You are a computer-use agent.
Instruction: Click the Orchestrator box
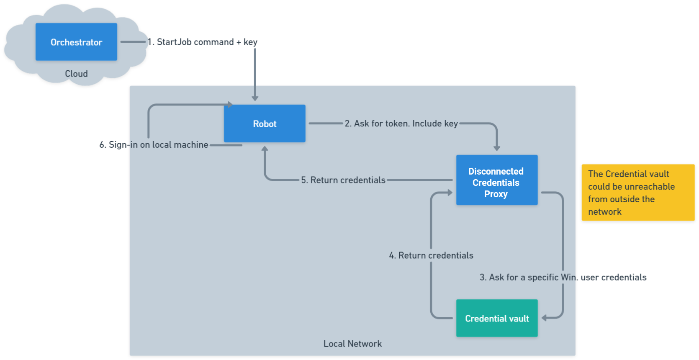coord(76,42)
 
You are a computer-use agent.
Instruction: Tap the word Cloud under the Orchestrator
coord(76,74)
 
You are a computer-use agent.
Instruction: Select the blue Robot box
coord(265,123)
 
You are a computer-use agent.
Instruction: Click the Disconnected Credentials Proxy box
coord(496,180)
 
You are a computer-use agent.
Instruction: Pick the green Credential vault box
coord(496,318)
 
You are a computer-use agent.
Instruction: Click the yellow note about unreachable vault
coord(637,193)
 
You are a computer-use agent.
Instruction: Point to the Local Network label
coord(352,344)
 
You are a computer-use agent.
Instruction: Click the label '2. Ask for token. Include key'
coord(401,123)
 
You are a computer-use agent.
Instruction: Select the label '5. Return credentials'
coord(343,180)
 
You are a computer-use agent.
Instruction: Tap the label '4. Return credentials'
coord(431,255)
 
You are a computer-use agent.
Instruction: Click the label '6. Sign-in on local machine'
coord(154,145)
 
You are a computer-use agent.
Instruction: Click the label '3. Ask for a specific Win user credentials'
coord(563,277)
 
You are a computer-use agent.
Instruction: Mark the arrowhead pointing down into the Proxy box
coord(497,149)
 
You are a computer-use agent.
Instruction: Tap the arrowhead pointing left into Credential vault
coord(544,318)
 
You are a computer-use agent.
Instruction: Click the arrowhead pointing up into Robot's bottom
coord(265,148)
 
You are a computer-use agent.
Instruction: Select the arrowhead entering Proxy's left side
coord(450,193)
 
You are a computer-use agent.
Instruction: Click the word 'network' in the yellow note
coord(604,212)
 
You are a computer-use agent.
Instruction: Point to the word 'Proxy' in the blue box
coord(496,194)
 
